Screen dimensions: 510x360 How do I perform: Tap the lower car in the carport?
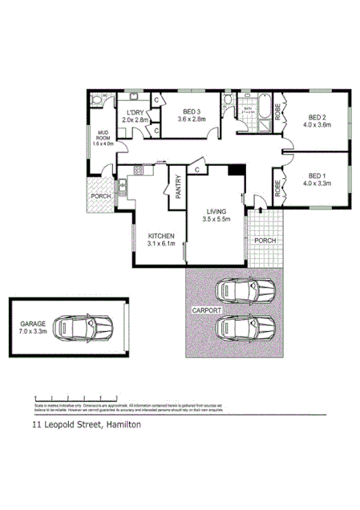243,328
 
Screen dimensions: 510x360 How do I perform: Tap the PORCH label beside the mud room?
101,196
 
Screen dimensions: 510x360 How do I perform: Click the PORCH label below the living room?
265,240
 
